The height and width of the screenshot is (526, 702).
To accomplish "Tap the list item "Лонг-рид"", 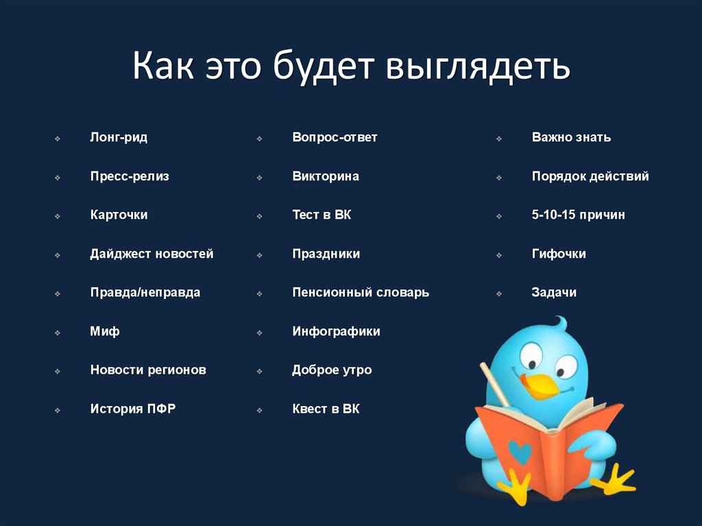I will coord(119,137).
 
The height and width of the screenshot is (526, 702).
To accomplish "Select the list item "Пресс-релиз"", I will coord(130,176).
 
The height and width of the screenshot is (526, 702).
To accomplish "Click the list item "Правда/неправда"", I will coord(145,292).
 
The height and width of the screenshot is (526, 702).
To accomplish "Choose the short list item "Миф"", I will coord(105,331).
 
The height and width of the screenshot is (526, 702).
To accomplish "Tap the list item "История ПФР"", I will coord(133,409).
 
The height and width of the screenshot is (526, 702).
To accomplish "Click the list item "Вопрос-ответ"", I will coord(335,137).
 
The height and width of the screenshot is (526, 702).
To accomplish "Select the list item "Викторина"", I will coord(326,176).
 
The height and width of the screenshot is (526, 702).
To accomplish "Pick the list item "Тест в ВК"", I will coord(322,215).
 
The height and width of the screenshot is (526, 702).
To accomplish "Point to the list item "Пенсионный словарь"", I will coord(361,292).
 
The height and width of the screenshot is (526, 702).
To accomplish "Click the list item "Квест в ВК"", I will coord(326,409).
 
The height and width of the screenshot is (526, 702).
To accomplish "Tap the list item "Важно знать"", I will coord(571,137).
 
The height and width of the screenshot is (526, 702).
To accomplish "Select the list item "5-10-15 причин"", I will coord(578,215).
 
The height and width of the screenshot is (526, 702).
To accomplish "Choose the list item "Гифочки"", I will coord(559,254).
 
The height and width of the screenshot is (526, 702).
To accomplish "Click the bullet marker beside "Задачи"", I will coord(499,294).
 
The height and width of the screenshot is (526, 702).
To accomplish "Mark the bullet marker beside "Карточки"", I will coord(58,216).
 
